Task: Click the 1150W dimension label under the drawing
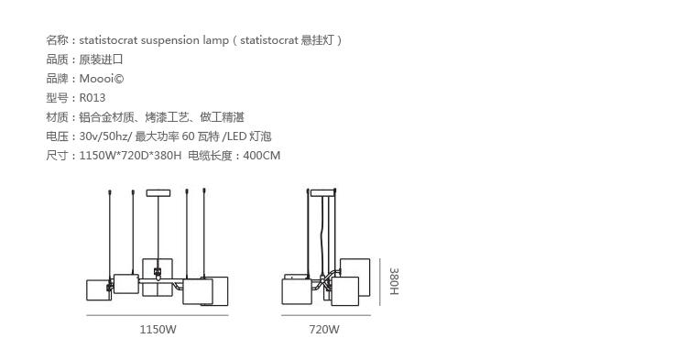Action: click(x=158, y=330)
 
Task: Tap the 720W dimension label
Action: click(x=324, y=330)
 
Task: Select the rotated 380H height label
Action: click(x=394, y=281)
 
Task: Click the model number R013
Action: click(x=93, y=98)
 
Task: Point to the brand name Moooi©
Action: click(x=102, y=79)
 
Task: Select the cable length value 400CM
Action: click(x=262, y=156)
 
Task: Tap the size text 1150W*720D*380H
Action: click(x=130, y=156)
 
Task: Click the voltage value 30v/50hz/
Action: click(x=105, y=136)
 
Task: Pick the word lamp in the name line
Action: click(x=215, y=40)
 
